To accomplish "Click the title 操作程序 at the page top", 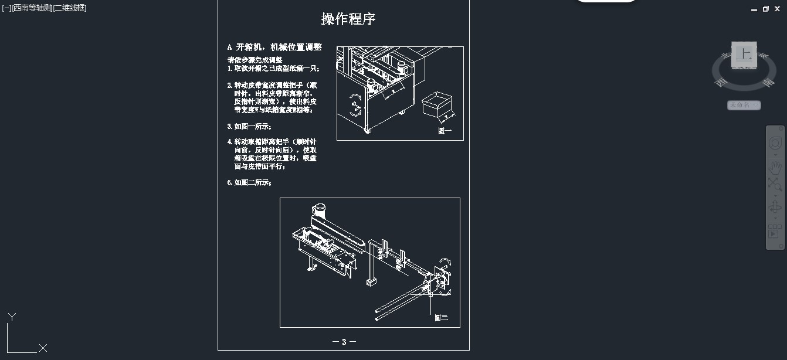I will [x=348, y=19].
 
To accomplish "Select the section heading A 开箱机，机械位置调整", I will [x=274, y=47].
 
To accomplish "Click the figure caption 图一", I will [x=445, y=131].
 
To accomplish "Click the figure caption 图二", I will [x=441, y=318].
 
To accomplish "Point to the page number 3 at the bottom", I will [x=344, y=342].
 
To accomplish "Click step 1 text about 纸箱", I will [x=273, y=68].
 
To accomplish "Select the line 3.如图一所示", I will [x=249, y=126].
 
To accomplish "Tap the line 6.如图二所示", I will [x=249, y=182].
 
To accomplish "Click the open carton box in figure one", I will [x=437, y=104].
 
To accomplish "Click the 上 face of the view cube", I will [x=745, y=54].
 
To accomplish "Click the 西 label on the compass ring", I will [x=720, y=83].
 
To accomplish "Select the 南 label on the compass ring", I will [x=768, y=83].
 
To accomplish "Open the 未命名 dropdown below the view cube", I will [x=744, y=105].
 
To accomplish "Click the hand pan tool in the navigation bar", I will [x=775, y=167].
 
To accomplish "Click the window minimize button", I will [x=754, y=9].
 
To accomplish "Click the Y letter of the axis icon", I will [x=12, y=317].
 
